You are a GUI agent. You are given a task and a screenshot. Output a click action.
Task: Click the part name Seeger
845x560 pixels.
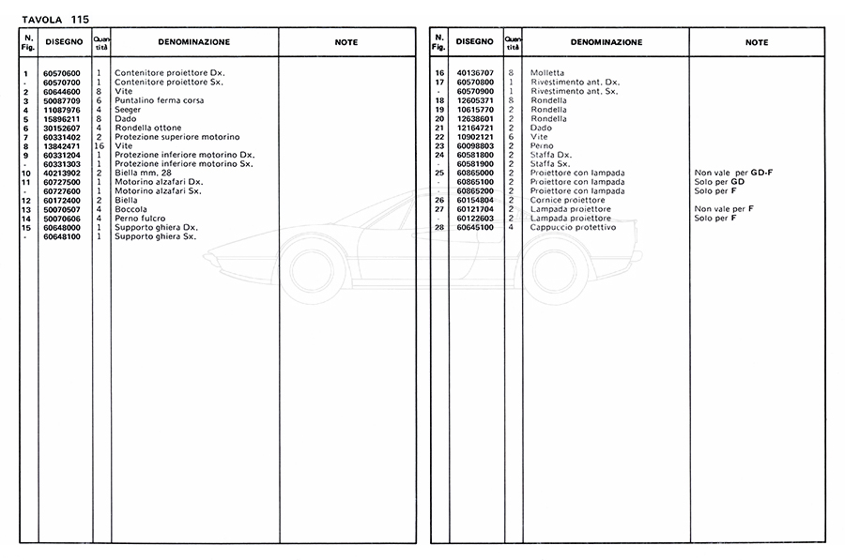coord(129,109)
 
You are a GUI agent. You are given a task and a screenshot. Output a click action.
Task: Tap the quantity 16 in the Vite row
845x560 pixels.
coord(99,145)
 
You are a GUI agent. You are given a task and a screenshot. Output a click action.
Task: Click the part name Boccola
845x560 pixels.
coord(130,209)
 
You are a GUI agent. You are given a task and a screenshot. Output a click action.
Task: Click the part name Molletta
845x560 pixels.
coord(547,73)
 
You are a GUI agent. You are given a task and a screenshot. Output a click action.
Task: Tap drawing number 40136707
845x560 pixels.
coord(475,72)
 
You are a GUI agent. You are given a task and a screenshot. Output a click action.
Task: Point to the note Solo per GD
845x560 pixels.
coord(719,182)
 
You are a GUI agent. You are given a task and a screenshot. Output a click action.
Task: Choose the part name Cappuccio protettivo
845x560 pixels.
coord(573,228)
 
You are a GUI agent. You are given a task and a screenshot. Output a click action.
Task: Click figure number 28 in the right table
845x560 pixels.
coord(438,228)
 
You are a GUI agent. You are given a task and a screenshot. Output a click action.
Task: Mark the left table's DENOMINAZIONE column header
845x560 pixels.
coord(193,42)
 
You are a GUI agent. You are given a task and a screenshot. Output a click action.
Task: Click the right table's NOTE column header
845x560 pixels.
coord(757,42)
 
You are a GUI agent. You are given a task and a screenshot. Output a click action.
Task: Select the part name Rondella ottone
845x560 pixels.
coord(142,128)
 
